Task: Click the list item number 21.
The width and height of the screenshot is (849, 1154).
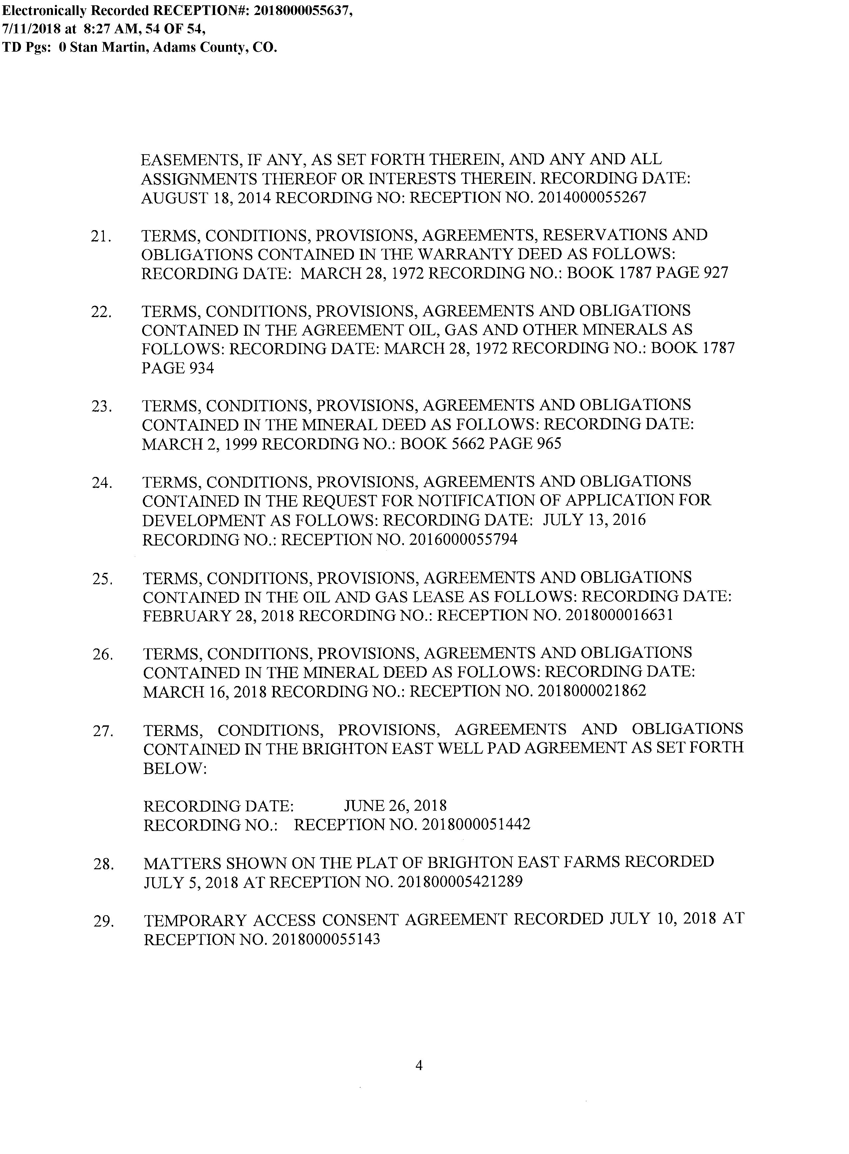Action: click(x=101, y=237)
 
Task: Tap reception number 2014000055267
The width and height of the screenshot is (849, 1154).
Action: click(x=592, y=198)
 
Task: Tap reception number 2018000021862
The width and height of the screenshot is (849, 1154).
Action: click(x=592, y=691)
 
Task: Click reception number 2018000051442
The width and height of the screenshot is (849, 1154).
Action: click(x=476, y=825)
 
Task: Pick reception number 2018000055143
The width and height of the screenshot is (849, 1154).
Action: click(x=326, y=939)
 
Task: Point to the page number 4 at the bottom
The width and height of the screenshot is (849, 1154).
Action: click(x=419, y=1066)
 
